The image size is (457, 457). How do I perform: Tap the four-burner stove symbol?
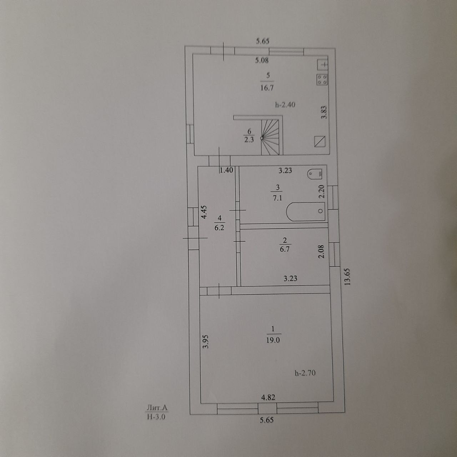click(322, 80)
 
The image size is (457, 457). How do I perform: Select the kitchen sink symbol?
click(323, 65)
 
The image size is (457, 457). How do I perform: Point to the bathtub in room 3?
click(306, 211)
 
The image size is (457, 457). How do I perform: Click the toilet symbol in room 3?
click(315, 174)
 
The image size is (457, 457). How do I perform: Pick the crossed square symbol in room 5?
click(320, 141)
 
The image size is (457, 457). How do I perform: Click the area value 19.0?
click(272, 340)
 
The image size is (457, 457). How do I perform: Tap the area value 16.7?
click(267, 87)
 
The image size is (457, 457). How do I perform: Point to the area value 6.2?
click(219, 227)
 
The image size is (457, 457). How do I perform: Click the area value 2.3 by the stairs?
click(249, 140)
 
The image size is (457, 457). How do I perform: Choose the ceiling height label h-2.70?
click(305, 373)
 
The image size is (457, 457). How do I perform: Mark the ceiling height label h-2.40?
click(285, 105)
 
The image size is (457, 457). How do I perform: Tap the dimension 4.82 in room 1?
click(268, 397)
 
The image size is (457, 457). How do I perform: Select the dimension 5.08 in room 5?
click(262, 60)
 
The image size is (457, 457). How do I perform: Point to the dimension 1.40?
click(226, 170)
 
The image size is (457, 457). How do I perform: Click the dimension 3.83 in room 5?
click(323, 113)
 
